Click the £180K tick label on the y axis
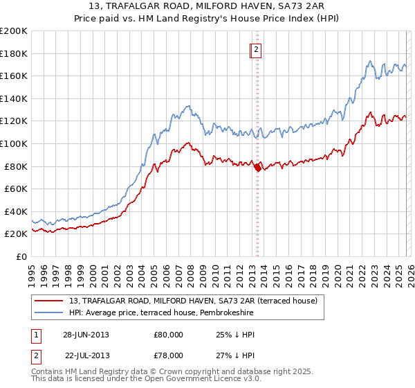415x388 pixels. tap(13, 53)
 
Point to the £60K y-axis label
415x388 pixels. tap(15, 188)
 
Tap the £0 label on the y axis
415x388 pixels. tap(21, 256)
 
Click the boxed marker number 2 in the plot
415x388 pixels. tap(255, 49)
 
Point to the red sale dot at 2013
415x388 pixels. tap(257, 167)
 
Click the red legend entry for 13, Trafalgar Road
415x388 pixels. tap(193, 301)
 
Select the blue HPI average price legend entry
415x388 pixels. tap(161, 313)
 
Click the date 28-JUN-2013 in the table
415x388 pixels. tap(86, 335)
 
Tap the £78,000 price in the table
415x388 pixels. tap(169, 355)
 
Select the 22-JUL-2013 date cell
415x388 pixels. tap(87, 355)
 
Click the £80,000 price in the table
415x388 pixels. tap(169, 335)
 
